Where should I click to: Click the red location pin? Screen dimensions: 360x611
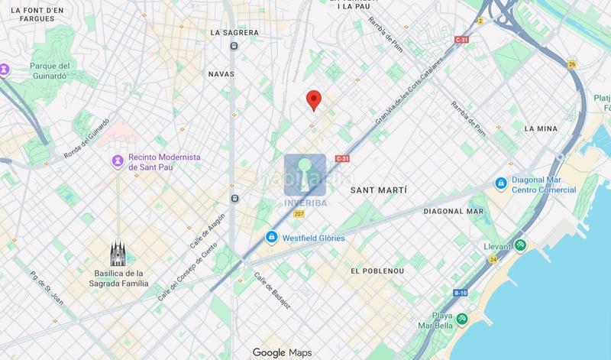click(312, 99)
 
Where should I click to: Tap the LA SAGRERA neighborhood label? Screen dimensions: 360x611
click(234, 33)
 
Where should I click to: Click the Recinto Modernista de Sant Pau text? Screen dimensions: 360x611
click(163, 161)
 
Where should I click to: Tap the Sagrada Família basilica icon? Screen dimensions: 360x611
click(117, 251)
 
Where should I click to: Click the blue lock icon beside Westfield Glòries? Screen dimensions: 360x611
click(271, 238)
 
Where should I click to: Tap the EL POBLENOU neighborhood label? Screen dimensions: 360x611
click(377, 271)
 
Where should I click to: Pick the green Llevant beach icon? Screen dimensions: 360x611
click(519, 245)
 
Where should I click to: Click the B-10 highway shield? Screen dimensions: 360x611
click(460, 293)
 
